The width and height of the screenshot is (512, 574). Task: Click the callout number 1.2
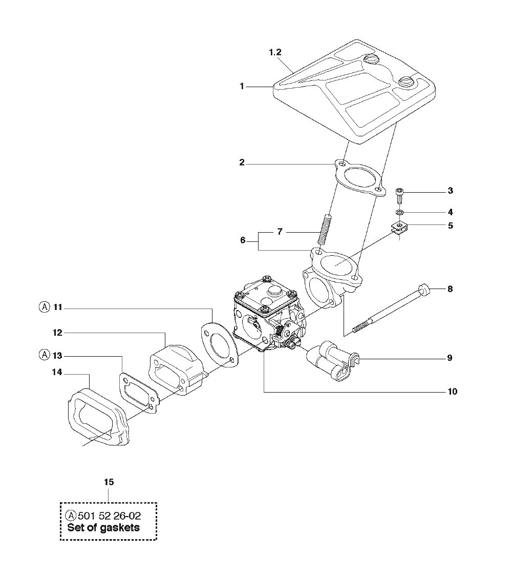coord(275,52)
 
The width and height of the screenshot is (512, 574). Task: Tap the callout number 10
coord(453,392)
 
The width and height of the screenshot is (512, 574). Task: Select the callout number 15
coord(109,482)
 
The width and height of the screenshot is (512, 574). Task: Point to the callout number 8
coord(450,289)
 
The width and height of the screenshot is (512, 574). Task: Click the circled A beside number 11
coord(44,307)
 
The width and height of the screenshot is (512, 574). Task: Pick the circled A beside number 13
coord(44,355)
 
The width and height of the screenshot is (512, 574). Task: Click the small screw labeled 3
coord(399,197)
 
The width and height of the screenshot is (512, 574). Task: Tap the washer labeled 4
coord(400,212)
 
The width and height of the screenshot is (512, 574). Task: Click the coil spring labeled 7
coord(325,230)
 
